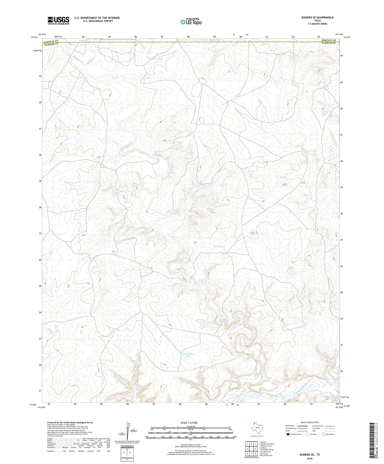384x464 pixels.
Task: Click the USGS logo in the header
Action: [x=58, y=20]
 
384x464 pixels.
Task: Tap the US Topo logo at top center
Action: [x=191, y=22]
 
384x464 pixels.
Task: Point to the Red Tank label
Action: [x=219, y=246]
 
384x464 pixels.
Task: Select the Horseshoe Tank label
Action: [x=188, y=355]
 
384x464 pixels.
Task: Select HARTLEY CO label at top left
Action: [x=51, y=41]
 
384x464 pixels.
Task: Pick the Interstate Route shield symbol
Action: [x=288, y=434]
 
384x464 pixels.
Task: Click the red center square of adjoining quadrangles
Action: [x=252, y=449]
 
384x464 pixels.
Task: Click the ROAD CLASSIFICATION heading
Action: [x=310, y=422]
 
